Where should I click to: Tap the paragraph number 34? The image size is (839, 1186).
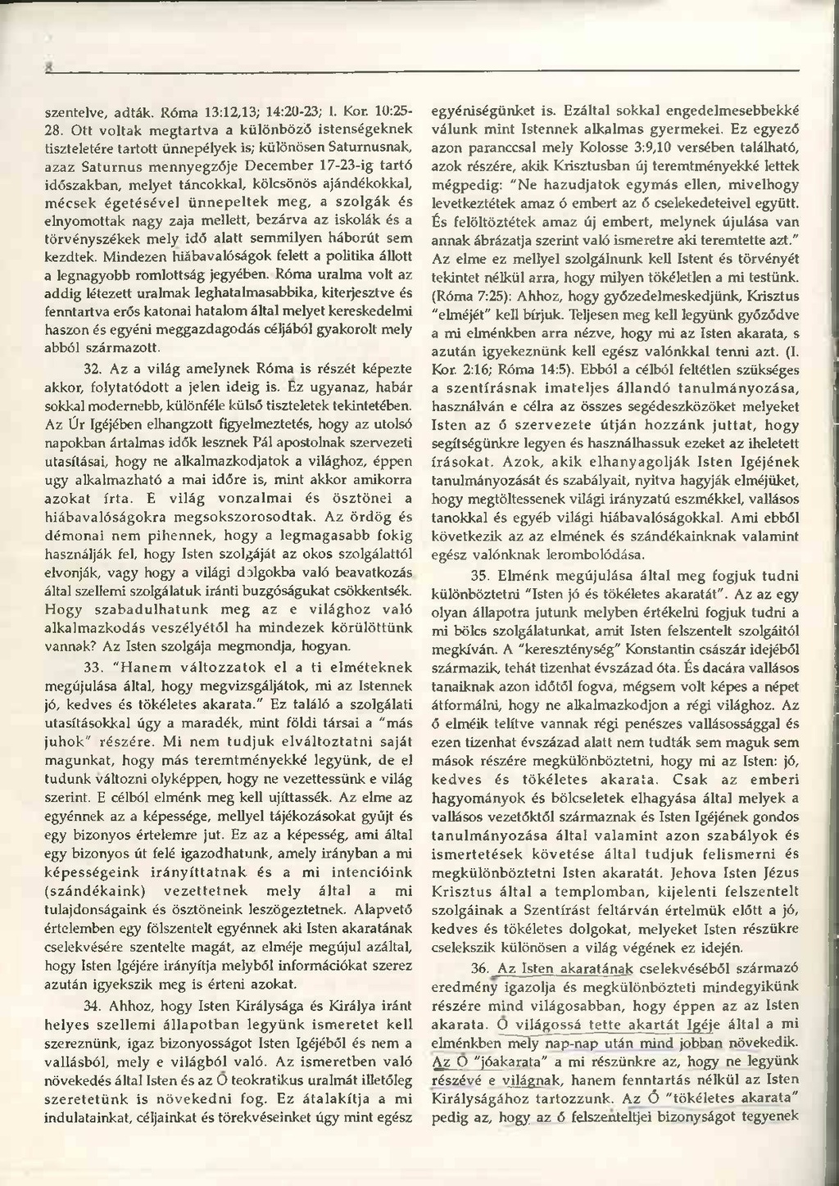93,1005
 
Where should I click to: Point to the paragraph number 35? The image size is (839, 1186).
482,574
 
